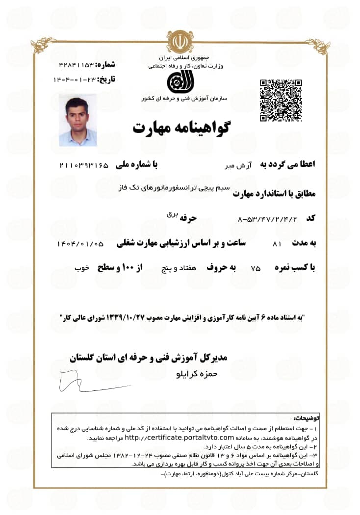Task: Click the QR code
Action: click(281, 100)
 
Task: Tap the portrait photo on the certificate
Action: click(77, 120)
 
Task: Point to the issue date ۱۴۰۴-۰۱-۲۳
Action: click(74, 78)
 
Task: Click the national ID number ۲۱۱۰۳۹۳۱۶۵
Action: click(83, 165)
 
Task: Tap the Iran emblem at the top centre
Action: click(180, 43)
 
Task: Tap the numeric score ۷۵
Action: click(256, 268)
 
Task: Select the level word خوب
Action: click(81, 268)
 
